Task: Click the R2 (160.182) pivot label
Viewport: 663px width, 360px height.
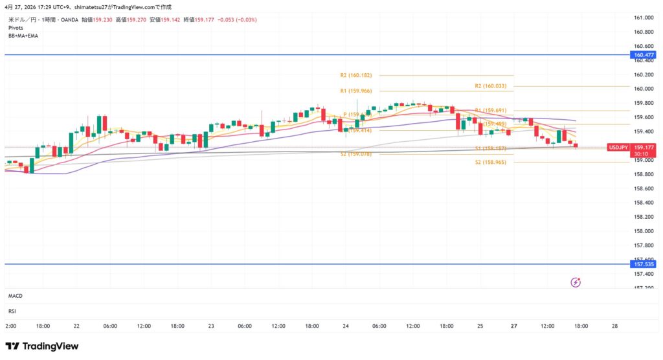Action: (356, 75)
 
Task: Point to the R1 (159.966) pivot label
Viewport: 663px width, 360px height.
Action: (356, 91)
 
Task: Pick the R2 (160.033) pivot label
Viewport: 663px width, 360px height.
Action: (491, 85)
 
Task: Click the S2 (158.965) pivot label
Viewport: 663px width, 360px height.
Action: (491, 163)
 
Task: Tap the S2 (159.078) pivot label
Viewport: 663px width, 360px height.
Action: (356, 154)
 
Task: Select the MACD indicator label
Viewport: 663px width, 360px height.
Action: (16, 295)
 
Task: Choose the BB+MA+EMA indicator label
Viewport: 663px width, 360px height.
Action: (24, 36)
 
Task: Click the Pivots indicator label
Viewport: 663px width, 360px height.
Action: (17, 28)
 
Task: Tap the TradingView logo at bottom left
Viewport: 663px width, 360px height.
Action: (42, 346)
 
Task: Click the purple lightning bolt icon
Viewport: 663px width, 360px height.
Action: (576, 282)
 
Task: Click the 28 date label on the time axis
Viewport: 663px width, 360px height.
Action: (615, 326)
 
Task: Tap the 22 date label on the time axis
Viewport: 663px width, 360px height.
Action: (76, 326)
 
